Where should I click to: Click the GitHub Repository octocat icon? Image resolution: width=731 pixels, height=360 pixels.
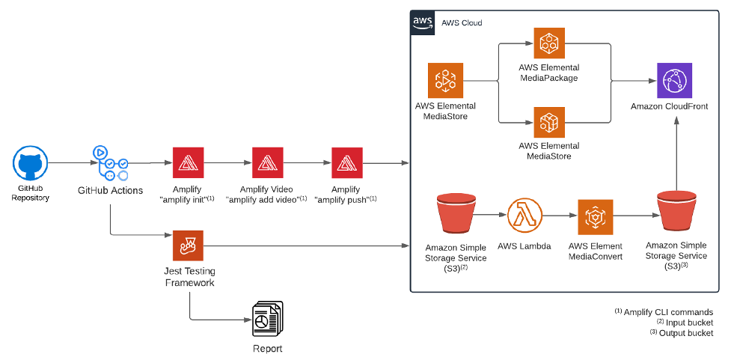[x=31, y=162]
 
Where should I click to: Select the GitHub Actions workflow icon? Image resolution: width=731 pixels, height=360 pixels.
[x=110, y=163]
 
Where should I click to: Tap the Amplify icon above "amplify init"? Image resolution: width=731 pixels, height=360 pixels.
[x=188, y=162]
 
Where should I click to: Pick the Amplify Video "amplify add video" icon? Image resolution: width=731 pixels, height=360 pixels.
[x=268, y=162]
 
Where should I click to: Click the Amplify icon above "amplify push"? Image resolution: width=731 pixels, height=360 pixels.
[x=347, y=162]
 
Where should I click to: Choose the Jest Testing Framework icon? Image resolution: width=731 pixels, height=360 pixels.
[x=188, y=245]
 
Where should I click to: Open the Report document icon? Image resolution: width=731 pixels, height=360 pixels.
[x=268, y=320]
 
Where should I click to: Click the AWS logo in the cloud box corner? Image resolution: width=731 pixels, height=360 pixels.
[x=421, y=22]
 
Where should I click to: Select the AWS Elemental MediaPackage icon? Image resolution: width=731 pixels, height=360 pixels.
[x=549, y=43]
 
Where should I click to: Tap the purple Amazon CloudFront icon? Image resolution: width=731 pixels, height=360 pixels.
[x=674, y=80]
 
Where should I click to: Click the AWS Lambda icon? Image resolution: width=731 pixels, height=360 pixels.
[x=525, y=216]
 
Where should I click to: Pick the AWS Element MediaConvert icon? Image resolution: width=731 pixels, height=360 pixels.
[x=596, y=217]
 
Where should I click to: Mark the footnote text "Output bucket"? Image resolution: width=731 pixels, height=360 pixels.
[x=686, y=333]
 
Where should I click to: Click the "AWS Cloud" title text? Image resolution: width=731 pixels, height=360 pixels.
[x=462, y=23]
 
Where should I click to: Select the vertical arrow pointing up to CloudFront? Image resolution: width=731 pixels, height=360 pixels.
[x=676, y=154]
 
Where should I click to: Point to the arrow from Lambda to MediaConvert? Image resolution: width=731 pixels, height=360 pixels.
[x=560, y=216]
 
